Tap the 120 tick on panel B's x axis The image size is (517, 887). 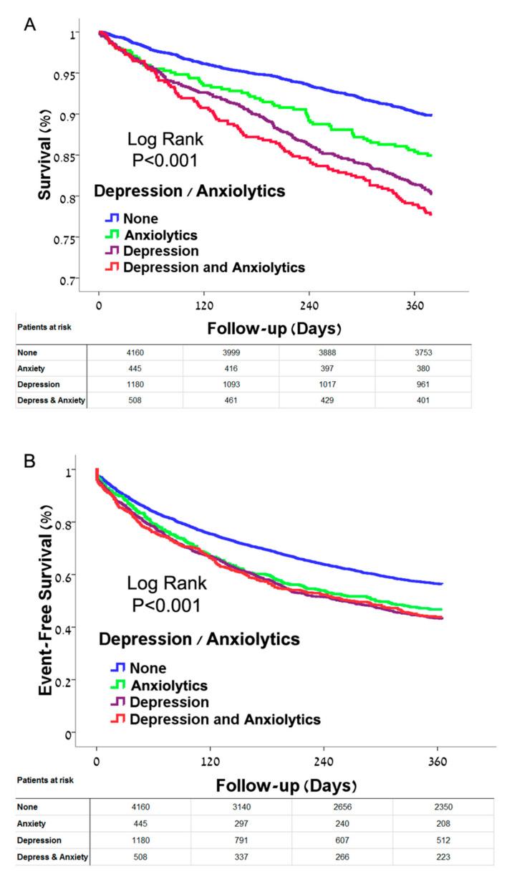coord(210,762)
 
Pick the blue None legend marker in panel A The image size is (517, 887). coord(110,219)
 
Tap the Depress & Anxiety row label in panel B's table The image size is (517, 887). coord(49,855)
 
